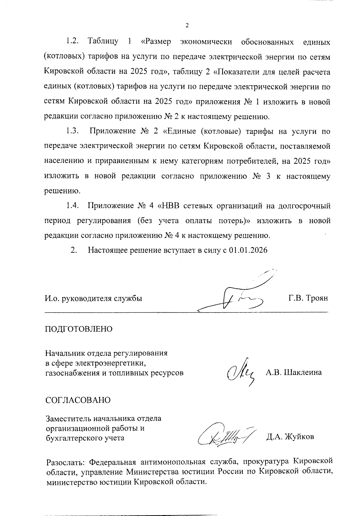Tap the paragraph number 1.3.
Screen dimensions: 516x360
pos(72,131)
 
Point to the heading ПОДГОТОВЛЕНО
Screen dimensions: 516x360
pos(79,329)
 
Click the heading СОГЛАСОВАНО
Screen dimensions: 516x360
pos(78,400)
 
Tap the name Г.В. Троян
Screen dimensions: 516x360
pos(308,298)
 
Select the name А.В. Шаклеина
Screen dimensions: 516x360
pos(294,373)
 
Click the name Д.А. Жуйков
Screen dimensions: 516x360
pos(290,437)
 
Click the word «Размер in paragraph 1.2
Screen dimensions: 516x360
pos(156,41)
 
